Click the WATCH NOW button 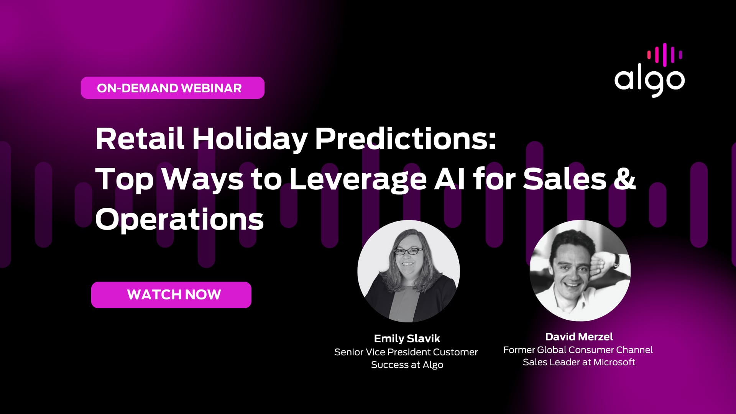point(171,295)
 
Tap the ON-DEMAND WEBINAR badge point(172,88)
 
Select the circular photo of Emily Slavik point(409,271)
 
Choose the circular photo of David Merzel point(580,271)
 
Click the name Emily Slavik point(407,338)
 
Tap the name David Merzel point(579,337)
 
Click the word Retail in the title point(140,138)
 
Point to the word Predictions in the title point(406,138)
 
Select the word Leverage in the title point(358,179)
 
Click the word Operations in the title point(179,220)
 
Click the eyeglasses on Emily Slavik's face point(409,251)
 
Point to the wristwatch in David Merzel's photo point(616,260)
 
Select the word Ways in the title point(202,179)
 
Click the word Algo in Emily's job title point(433,365)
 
